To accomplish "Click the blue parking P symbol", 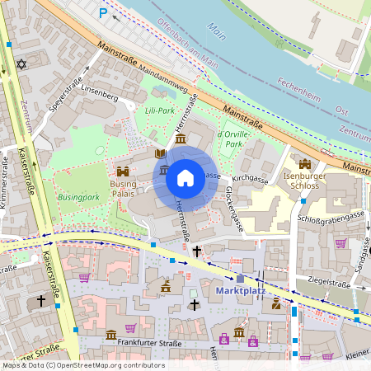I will click(x=103, y=12).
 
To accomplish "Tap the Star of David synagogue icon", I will click(x=21, y=63).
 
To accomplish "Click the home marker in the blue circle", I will click(x=185, y=177).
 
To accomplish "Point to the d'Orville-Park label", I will click(x=230, y=138).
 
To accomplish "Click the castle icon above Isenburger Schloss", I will click(x=305, y=164).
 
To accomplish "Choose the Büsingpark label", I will click(x=78, y=198).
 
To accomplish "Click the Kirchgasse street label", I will click(x=251, y=177).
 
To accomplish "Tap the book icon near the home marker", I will click(x=160, y=154).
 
